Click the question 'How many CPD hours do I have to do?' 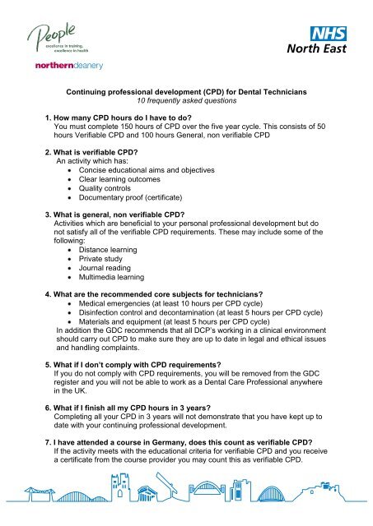click(140, 119)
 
